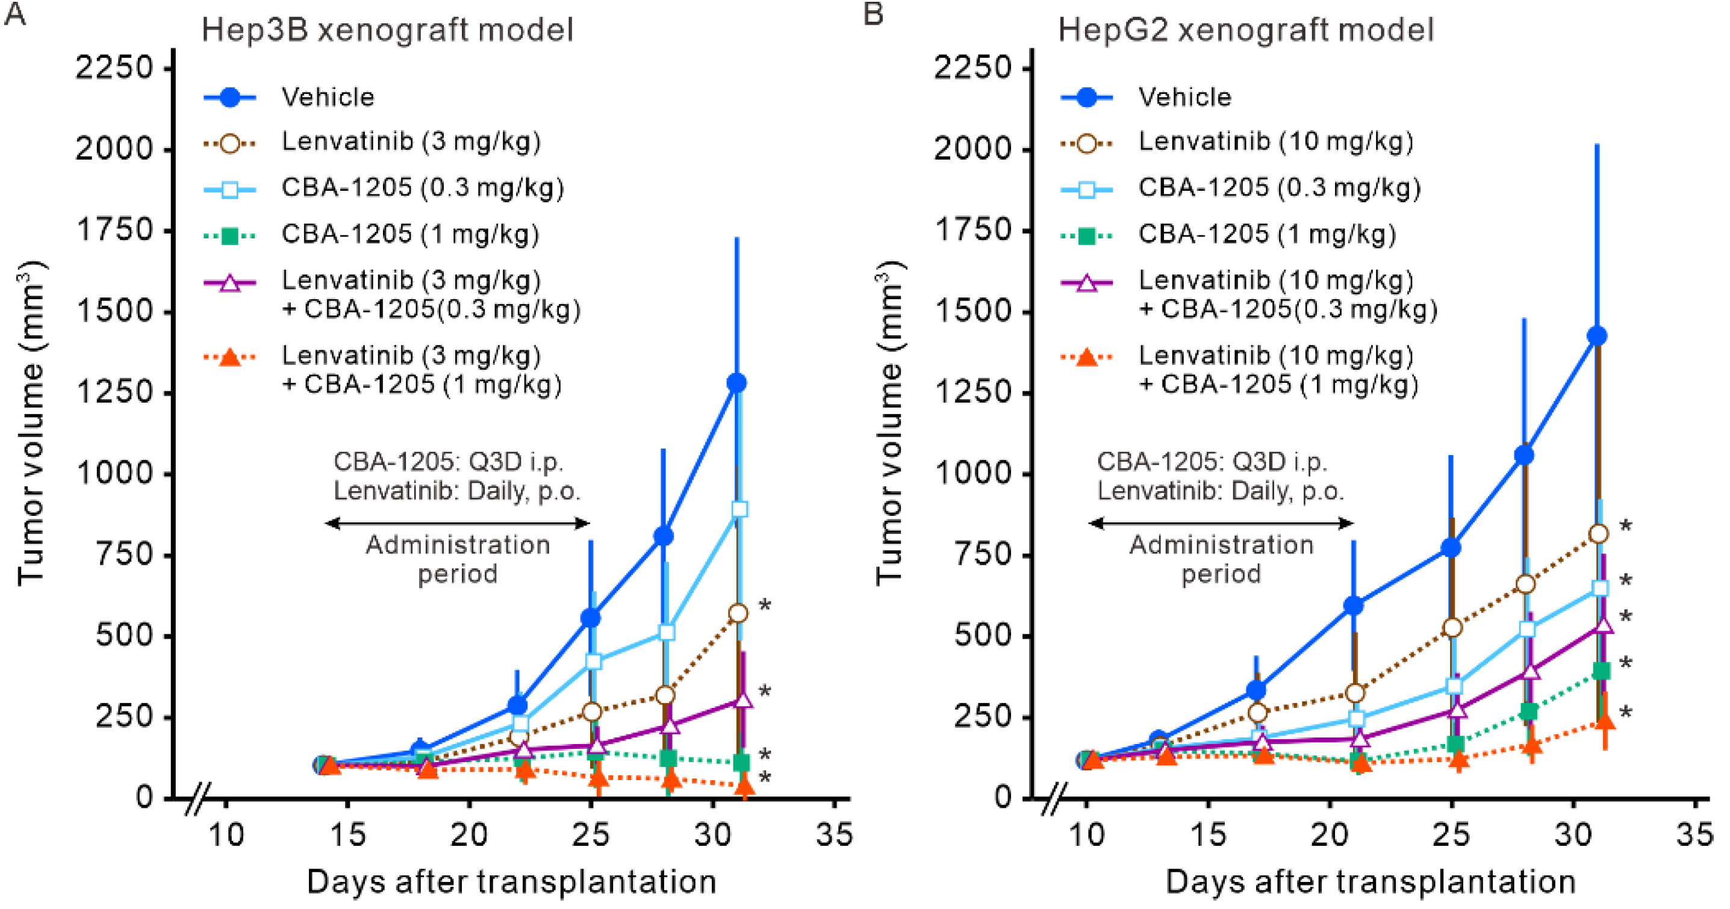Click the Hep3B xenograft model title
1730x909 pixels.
tap(388, 30)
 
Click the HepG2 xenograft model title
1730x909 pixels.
tap(1246, 30)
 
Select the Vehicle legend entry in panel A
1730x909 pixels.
tap(327, 98)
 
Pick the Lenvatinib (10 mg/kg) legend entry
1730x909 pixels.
tap(1275, 141)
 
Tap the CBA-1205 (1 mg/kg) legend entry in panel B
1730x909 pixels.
tap(1266, 234)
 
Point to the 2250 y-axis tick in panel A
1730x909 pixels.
tap(114, 68)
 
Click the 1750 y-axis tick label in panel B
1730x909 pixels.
tap(973, 231)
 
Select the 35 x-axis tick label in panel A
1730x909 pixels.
tap(834, 834)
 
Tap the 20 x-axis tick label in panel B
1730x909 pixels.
tap(1329, 834)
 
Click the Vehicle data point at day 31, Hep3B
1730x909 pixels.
tap(736, 383)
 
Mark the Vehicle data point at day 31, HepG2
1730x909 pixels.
tap(1597, 336)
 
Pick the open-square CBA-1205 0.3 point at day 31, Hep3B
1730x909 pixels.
tap(739, 509)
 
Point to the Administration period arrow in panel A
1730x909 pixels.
tap(458, 523)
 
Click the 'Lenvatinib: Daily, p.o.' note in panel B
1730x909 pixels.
tap(1220, 491)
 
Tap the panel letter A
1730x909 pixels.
tap(15, 13)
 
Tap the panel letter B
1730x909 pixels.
tap(873, 13)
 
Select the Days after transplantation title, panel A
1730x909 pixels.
tap(511, 881)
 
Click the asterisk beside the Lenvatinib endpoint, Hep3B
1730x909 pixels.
tap(764, 606)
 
